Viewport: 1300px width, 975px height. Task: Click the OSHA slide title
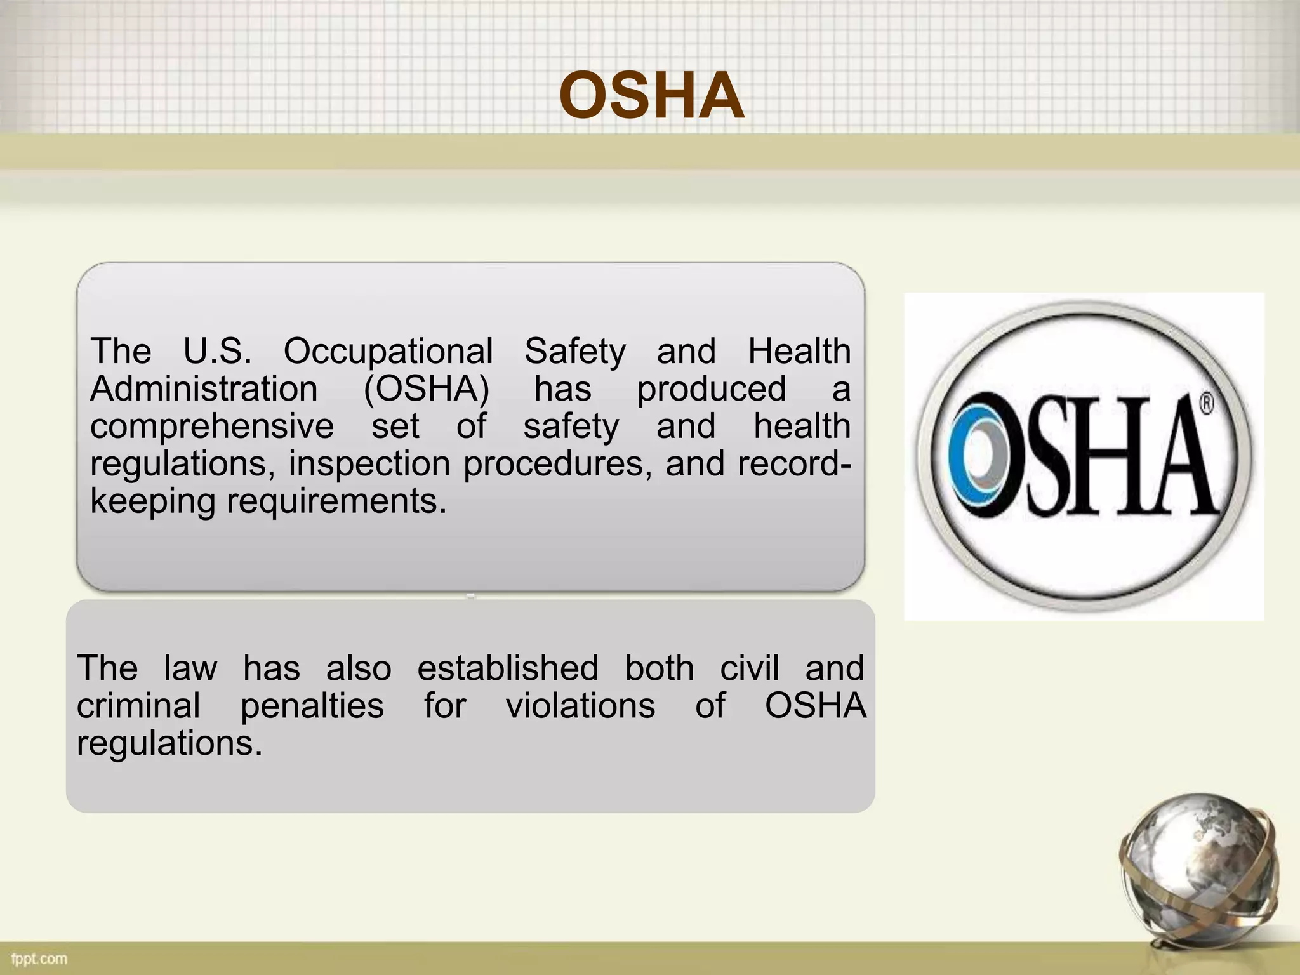(651, 96)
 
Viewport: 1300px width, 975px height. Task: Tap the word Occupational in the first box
(388, 351)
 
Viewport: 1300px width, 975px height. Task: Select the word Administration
(204, 388)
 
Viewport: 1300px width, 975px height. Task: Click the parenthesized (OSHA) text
(426, 388)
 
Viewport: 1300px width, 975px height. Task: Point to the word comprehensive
(211, 426)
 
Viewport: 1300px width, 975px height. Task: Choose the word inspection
(369, 463)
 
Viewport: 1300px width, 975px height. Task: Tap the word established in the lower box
(508, 668)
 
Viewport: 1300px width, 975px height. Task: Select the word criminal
(138, 705)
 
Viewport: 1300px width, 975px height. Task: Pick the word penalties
(312, 705)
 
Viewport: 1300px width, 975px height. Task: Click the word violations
(580, 705)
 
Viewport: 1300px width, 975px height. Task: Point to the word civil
(749, 668)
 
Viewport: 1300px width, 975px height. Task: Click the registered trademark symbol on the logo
(1206, 404)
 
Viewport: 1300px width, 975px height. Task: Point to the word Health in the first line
(799, 351)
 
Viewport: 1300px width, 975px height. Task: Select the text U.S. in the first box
(217, 351)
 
